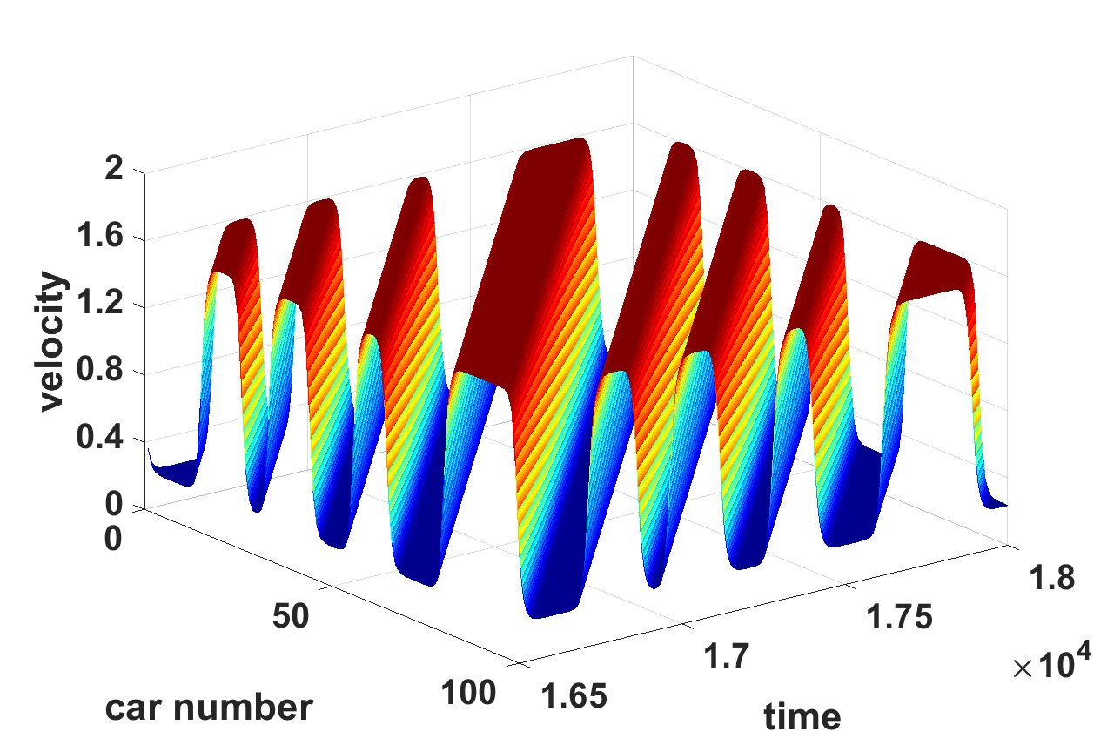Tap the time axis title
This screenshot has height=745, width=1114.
click(x=802, y=716)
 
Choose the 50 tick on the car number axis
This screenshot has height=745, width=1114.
click(x=291, y=615)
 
